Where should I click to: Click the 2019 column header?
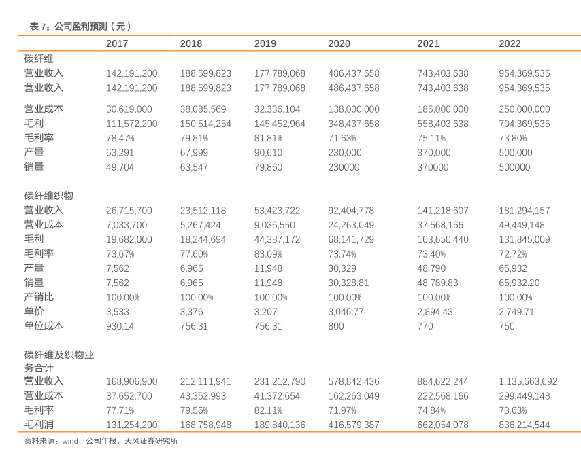265,43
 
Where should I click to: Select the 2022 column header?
510,43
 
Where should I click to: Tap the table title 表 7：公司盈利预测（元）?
80,27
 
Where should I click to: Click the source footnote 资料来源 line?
101,440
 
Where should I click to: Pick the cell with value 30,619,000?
129,109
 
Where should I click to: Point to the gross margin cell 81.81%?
268,138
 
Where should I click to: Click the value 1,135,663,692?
528,381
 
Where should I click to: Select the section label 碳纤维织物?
48,195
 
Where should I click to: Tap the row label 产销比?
39,297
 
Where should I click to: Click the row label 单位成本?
44,326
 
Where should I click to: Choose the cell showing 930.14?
120,326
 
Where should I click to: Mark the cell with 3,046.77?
346,311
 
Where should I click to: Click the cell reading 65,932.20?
519,283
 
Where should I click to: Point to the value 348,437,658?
354,124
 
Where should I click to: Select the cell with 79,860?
268,167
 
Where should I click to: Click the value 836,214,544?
525,424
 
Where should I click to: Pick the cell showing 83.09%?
268,253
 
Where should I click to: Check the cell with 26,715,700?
129,210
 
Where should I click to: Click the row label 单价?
34,311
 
